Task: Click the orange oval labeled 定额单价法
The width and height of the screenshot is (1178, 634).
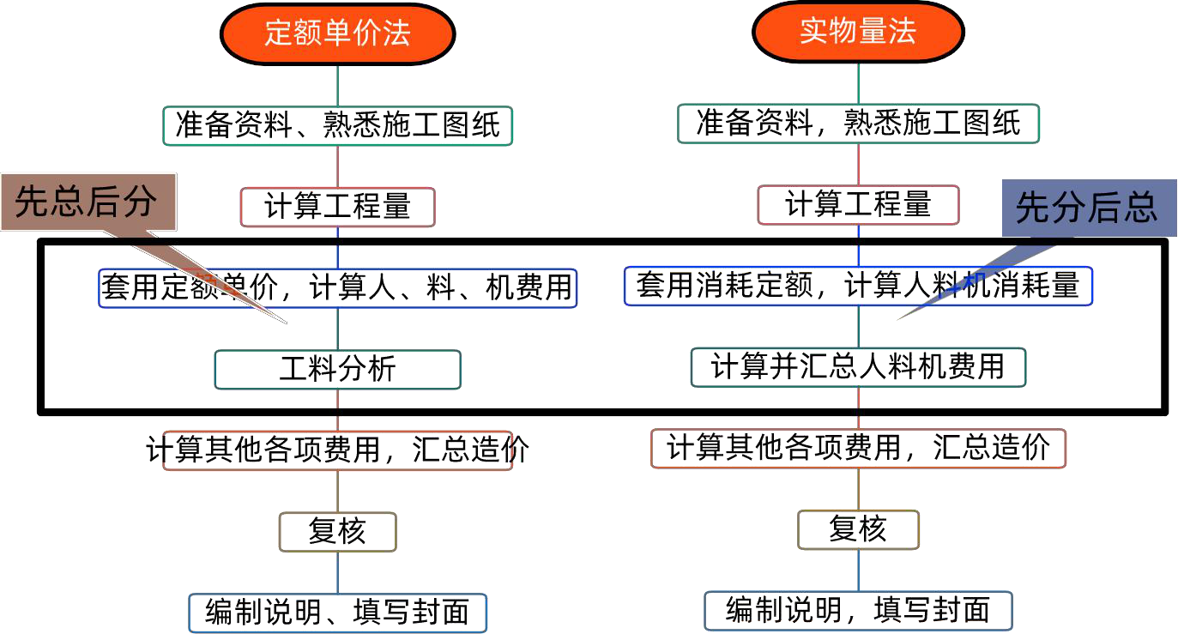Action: click(337, 33)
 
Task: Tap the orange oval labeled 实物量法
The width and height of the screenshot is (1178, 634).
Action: click(858, 32)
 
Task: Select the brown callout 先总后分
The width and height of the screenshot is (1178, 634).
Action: click(88, 202)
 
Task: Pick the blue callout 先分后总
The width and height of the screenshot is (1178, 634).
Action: click(1087, 208)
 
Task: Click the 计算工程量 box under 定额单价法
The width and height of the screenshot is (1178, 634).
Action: click(337, 208)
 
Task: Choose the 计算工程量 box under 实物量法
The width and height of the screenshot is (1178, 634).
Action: click(858, 205)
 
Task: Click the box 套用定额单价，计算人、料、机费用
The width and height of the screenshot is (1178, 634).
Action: click(337, 288)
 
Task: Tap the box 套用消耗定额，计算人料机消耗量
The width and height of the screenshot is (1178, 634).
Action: click(858, 286)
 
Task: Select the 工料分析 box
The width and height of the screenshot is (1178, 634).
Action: click(337, 370)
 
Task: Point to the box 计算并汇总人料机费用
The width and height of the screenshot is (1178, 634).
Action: click(858, 367)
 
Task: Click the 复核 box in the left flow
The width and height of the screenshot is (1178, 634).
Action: click(337, 532)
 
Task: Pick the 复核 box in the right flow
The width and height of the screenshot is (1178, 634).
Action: click(858, 530)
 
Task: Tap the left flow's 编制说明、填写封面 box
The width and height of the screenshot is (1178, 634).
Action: click(337, 613)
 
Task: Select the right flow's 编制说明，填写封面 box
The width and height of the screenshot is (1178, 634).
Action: click(858, 611)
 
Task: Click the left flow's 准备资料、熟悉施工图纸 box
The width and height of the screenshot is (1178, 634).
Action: click(337, 126)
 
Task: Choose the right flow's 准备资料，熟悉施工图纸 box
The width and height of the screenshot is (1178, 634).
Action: click(858, 124)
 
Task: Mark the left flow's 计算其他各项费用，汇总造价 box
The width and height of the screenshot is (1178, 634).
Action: click(337, 450)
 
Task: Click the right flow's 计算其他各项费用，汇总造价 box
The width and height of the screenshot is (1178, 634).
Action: click(858, 449)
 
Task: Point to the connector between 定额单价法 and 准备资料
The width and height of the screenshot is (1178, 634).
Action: click(337, 85)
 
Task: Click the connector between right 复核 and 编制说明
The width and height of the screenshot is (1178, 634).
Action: click(858, 571)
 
